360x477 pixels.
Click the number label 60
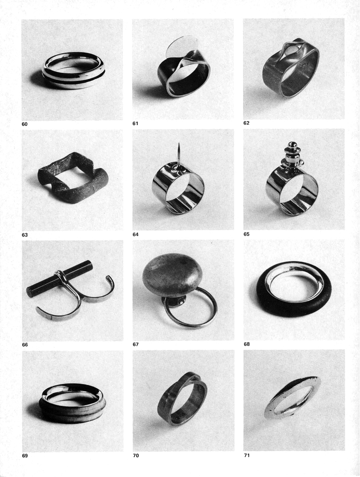(x=24, y=124)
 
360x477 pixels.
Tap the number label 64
(x=135, y=234)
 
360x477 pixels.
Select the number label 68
(x=247, y=344)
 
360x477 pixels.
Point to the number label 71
(x=247, y=455)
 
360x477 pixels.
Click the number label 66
(x=25, y=345)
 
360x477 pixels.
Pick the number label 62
(x=246, y=123)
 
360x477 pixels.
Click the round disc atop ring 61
(x=181, y=46)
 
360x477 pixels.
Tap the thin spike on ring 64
(x=179, y=155)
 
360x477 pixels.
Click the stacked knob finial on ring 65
(x=292, y=154)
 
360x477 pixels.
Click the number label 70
(x=136, y=456)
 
